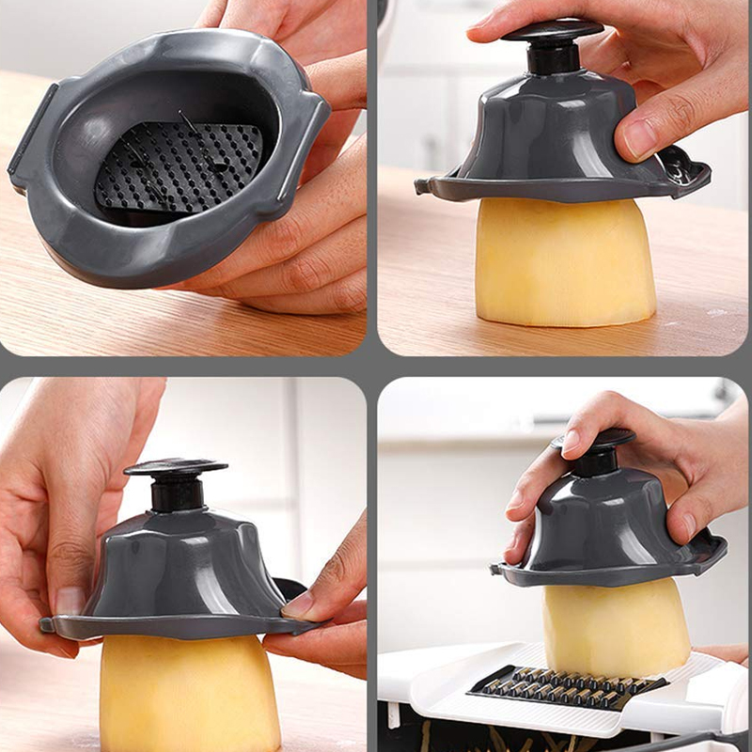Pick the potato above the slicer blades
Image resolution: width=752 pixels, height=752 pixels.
click(616, 625)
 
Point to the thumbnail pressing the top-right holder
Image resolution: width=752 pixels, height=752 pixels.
click(640, 138)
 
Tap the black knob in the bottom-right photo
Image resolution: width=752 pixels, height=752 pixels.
click(598, 451)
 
